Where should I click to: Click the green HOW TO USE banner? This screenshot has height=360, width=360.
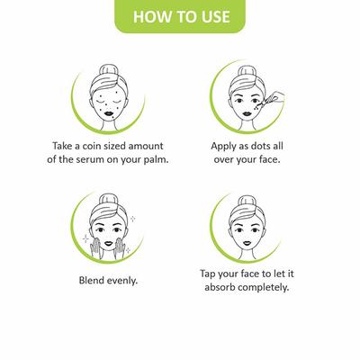[180, 15]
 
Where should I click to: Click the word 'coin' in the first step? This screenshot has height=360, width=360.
[92, 146]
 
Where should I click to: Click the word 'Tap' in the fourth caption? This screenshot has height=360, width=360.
[208, 274]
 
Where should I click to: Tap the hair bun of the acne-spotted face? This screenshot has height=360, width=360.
[108, 71]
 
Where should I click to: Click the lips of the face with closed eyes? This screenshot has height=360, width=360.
[108, 114]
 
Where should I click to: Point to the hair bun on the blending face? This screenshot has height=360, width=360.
[107, 199]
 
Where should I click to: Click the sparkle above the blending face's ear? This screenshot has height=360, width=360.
[132, 219]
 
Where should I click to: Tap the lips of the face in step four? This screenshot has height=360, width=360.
[247, 242]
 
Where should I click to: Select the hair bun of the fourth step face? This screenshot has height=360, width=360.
[247, 201]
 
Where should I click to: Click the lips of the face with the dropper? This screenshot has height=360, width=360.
[247, 114]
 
